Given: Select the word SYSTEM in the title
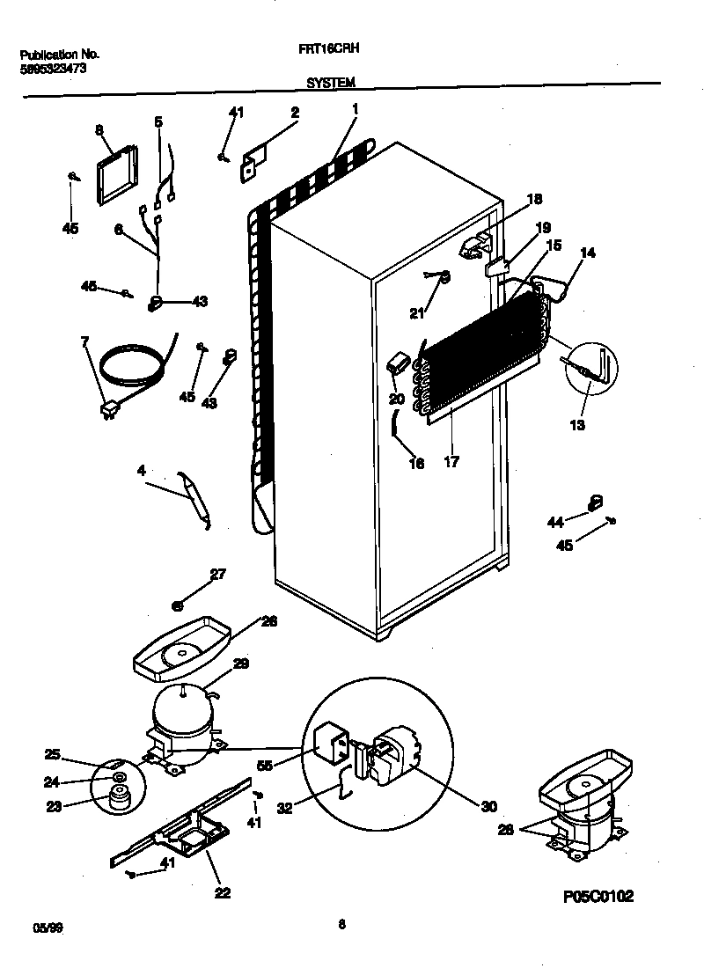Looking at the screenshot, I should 331,83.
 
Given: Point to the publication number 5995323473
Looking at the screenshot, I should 53,68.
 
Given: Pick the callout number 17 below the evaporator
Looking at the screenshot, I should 451,460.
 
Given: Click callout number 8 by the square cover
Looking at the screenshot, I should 99,130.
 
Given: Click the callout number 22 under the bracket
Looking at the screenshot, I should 222,892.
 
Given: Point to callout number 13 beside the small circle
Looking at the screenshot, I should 576,426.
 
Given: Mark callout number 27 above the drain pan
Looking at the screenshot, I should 217,576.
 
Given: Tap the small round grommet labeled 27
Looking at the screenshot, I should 178,605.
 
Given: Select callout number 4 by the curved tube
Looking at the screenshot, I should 141,471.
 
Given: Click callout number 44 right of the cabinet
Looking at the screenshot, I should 555,523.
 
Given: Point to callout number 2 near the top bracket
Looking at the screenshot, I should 295,113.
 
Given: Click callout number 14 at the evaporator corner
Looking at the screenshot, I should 588,253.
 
